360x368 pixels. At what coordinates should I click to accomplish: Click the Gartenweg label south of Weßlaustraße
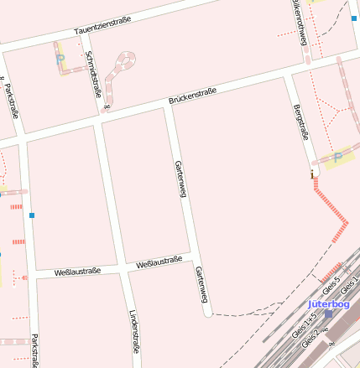(x=201, y=285)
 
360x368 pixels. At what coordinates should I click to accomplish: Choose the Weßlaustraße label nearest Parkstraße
(x=77, y=272)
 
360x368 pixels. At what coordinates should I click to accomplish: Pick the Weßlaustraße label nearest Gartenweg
(x=159, y=262)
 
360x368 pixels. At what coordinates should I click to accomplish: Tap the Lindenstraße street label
(x=134, y=332)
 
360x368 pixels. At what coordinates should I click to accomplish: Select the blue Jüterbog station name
(x=328, y=303)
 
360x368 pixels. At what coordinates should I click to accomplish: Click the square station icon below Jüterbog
(x=328, y=314)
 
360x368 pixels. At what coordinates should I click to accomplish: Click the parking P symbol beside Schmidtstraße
(x=60, y=60)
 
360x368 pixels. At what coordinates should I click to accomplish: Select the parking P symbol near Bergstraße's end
(x=338, y=156)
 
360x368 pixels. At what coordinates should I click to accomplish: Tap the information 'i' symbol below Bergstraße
(x=313, y=174)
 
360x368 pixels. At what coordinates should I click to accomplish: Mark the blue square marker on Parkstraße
(x=32, y=215)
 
